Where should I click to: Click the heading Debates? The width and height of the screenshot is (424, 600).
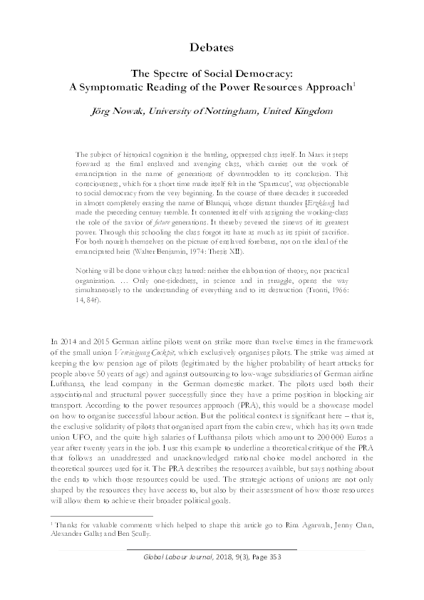[x=212, y=48]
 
